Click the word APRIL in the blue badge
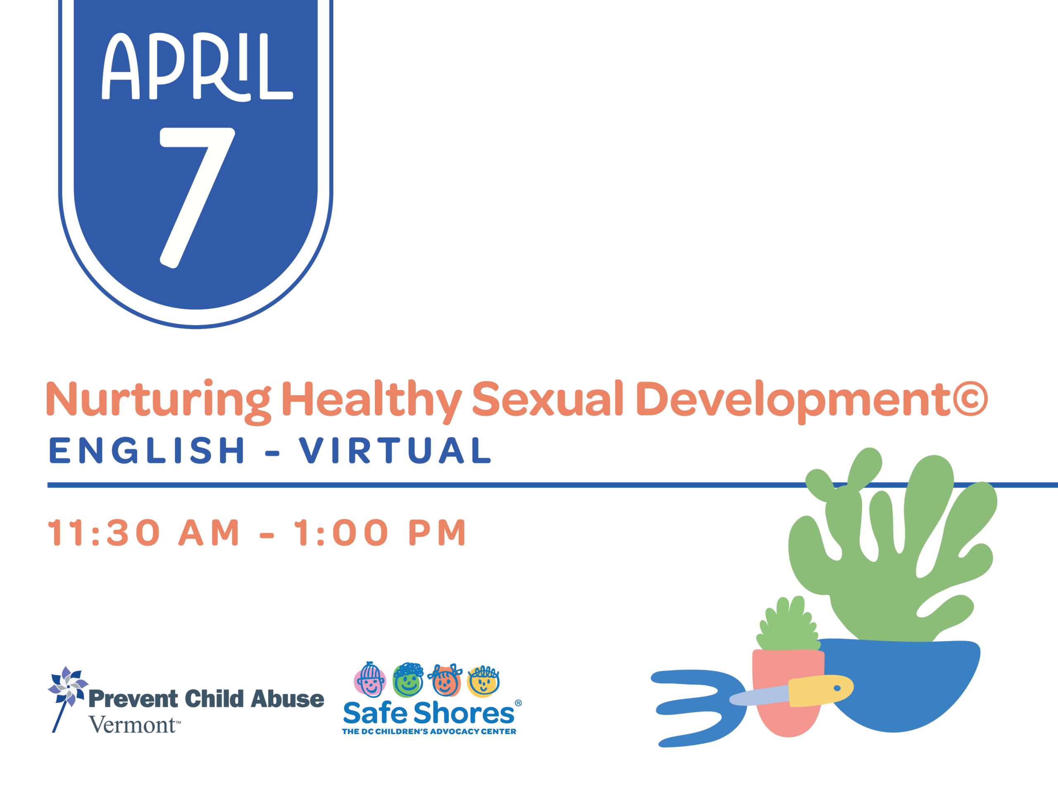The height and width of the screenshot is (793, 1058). point(197,66)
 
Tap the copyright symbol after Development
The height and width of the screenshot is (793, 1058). point(970,399)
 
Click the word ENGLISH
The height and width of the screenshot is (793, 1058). point(147,450)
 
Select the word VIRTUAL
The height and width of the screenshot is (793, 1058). point(395,450)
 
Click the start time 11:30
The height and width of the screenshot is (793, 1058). point(104,532)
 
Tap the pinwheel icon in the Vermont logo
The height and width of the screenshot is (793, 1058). point(68,687)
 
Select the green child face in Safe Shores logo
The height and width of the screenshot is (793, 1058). point(408,680)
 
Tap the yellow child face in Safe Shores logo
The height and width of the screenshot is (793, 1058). point(484,681)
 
